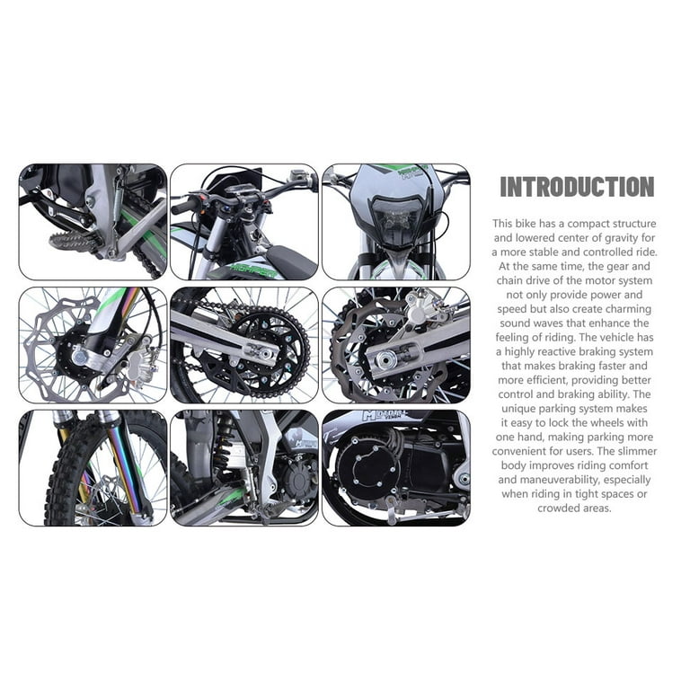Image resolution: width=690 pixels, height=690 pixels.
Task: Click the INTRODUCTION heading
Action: click(x=577, y=186)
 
